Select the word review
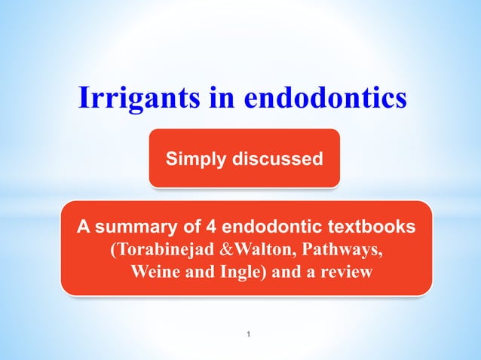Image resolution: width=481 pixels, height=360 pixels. (x=345, y=272)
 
